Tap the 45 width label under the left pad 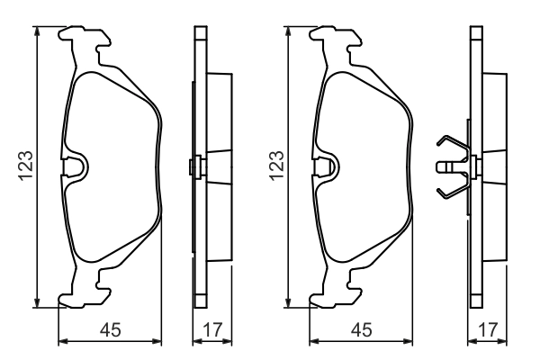(111, 330)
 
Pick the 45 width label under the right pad (362, 330)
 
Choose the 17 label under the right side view (487, 330)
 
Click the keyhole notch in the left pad (75, 166)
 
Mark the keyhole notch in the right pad (326, 166)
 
